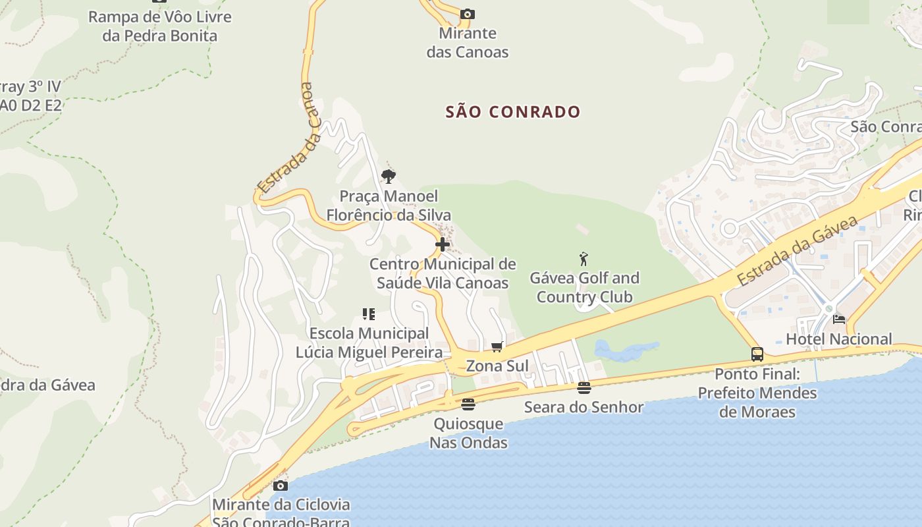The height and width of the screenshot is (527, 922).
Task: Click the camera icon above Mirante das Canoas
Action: (468, 14)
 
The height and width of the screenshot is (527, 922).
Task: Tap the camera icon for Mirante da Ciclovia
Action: (281, 486)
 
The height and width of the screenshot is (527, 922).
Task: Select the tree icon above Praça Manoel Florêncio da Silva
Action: (389, 176)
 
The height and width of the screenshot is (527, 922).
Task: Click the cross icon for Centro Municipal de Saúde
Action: (443, 244)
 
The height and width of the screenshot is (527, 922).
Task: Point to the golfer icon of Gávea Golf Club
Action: (583, 258)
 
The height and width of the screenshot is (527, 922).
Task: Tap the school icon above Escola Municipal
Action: (368, 314)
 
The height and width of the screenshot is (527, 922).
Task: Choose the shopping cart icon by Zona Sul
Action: (497, 347)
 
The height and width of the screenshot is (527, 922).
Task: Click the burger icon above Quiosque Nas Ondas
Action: (468, 404)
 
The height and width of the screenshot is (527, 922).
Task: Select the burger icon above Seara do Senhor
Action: (584, 387)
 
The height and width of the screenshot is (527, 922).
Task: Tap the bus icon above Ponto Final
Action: (757, 354)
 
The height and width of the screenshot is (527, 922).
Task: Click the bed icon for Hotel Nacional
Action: (839, 319)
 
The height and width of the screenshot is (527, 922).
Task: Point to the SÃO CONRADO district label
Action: (513, 112)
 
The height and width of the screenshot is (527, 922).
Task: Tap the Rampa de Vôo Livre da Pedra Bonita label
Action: (160, 26)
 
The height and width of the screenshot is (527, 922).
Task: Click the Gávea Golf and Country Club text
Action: (585, 287)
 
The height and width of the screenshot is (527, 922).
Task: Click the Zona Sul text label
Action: (497, 366)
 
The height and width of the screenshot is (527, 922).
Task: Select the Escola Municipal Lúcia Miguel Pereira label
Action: (369, 343)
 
